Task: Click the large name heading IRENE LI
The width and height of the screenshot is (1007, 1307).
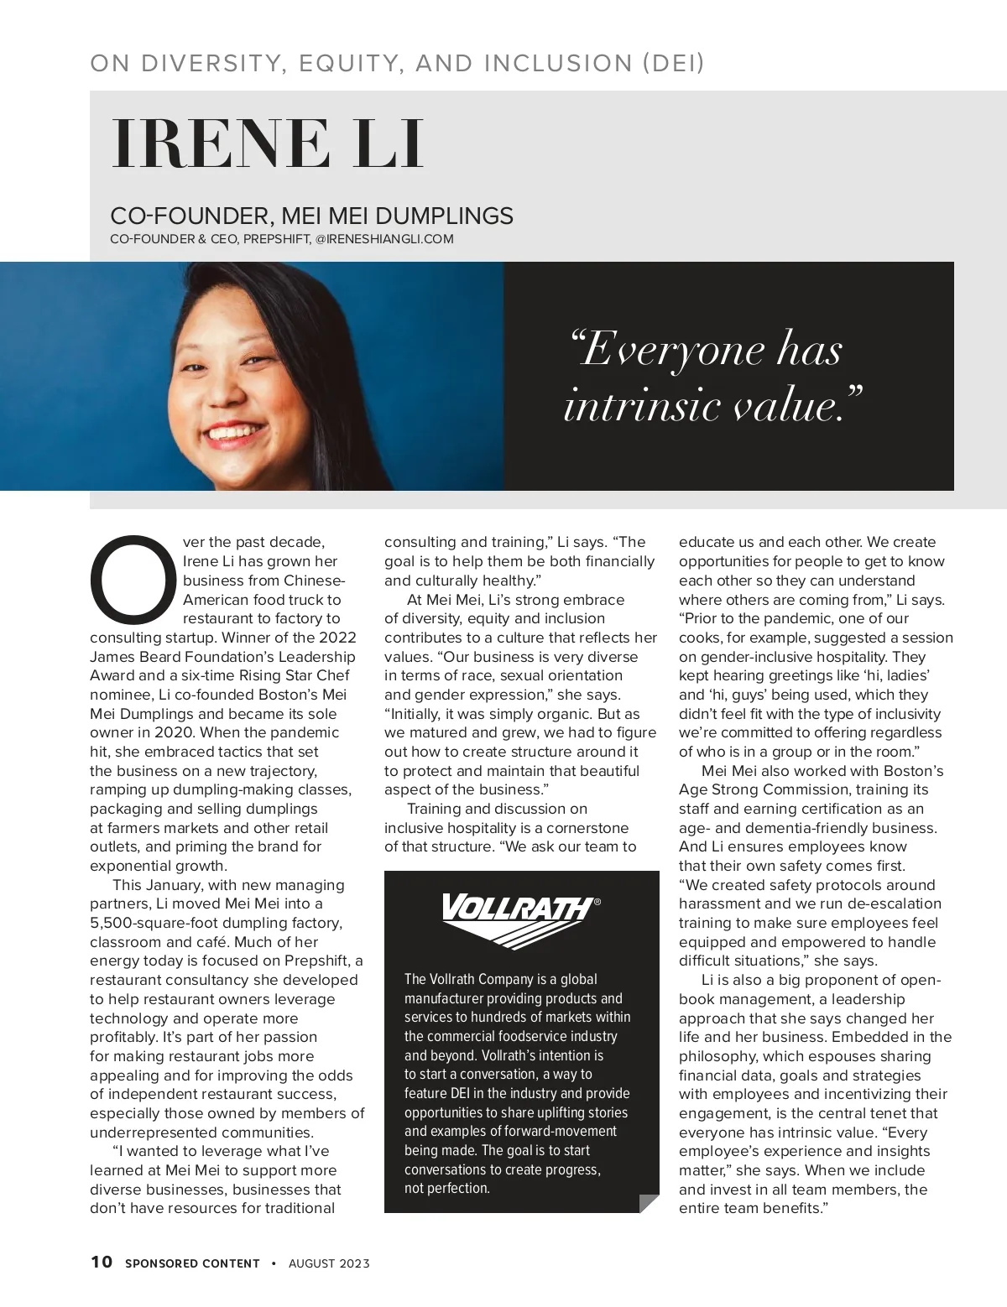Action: pyautogui.click(x=267, y=144)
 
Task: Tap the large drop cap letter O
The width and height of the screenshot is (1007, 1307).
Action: pyautogui.click(x=133, y=579)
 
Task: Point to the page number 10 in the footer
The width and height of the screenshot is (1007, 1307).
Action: pyautogui.click(x=101, y=1262)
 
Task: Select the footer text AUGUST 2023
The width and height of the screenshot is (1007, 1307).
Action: pyautogui.click(x=329, y=1263)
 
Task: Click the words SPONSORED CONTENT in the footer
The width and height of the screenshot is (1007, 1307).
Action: pyautogui.click(x=192, y=1263)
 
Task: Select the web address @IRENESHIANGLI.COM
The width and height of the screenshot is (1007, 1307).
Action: pyautogui.click(x=384, y=239)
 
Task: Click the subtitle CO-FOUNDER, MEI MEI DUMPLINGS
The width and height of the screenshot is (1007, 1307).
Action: pyautogui.click(x=311, y=216)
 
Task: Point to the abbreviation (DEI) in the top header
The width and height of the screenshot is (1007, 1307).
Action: pyautogui.click(x=673, y=63)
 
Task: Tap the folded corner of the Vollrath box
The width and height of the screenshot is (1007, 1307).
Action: pyautogui.click(x=649, y=1203)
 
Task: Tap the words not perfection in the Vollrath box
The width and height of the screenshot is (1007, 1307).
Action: pyautogui.click(x=447, y=1188)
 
